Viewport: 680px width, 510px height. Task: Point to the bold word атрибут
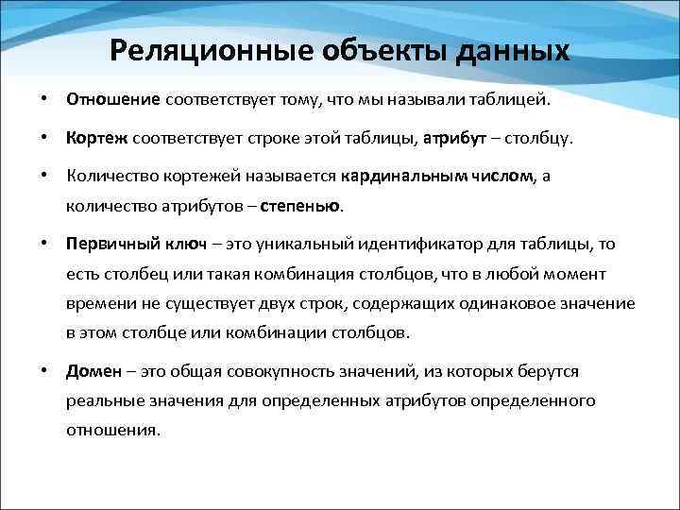point(455,139)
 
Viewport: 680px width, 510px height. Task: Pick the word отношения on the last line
point(112,430)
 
